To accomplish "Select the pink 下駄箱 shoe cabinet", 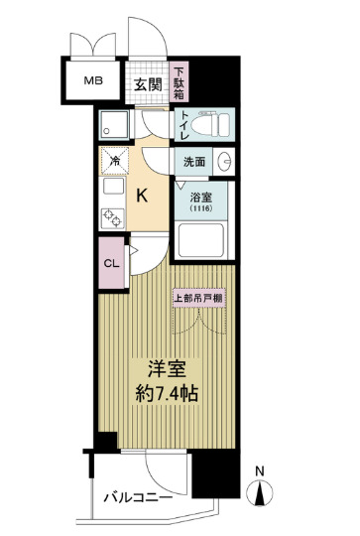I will (x=180, y=84).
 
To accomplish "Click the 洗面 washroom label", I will (x=193, y=161).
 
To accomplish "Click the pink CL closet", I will (x=110, y=263).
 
